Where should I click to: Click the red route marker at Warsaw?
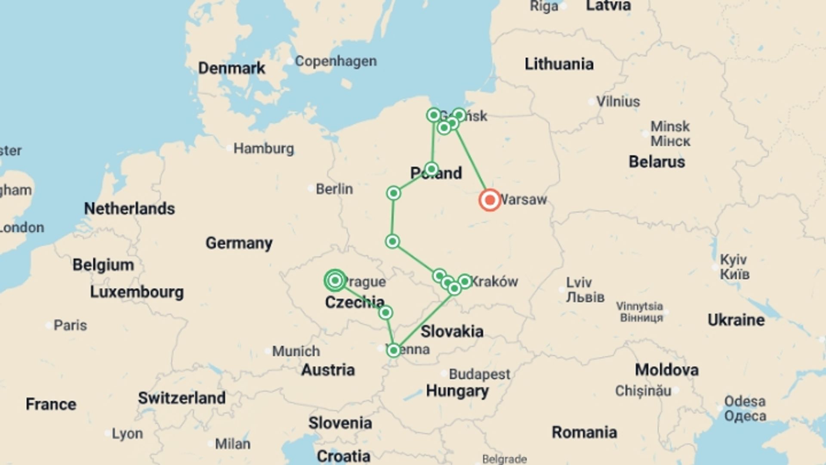point(490,200)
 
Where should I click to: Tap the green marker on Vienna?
point(393,350)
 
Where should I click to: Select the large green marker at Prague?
point(335,281)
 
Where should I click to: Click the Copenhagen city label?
point(336,61)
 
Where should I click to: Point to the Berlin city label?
point(334,189)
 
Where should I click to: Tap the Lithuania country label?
point(559,64)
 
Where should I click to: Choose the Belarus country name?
point(656,162)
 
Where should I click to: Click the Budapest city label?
point(479,374)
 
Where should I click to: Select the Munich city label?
point(296,351)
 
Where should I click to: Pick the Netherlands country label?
point(129,209)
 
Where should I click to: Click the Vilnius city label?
point(618,102)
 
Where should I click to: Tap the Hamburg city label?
point(264,149)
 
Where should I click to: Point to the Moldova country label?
point(666,370)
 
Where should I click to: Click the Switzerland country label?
point(182,398)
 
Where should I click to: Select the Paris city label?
point(70,325)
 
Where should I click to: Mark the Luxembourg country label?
point(137,292)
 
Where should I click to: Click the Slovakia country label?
point(452,331)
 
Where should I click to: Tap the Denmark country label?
point(231,68)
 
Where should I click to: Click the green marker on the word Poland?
point(431,169)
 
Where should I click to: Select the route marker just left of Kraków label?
point(464,281)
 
